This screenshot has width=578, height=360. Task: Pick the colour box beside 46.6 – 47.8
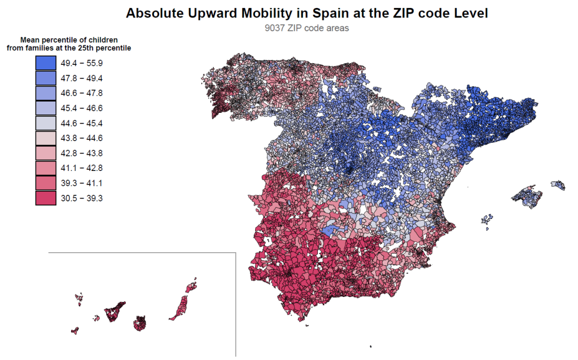(x=45, y=93)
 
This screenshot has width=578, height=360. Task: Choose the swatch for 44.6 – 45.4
(x=45, y=123)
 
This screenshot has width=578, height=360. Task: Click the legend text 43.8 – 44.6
(x=81, y=138)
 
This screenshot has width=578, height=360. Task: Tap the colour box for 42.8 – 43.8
(x=45, y=153)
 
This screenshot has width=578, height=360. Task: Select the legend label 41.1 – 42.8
(x=81, y=168)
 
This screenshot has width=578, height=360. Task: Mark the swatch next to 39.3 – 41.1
(x=45, y=183)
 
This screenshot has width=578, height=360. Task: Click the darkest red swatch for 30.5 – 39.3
(x=45, y=198)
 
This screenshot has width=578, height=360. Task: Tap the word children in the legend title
(x=104, y=40)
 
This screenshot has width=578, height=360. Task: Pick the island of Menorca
(x=558, y=185)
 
